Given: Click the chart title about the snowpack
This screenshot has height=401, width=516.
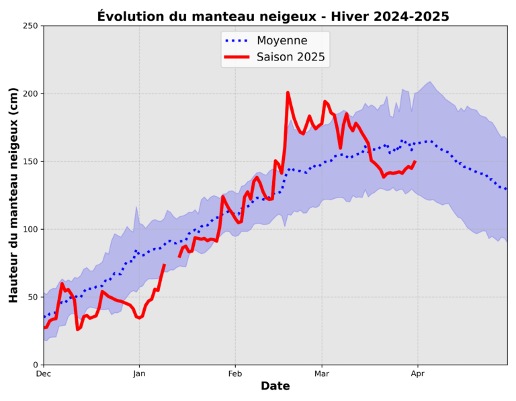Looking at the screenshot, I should (273, 16).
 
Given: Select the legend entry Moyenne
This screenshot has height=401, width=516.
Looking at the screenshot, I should (282, 40).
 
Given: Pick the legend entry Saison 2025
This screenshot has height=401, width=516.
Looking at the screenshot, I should (291, 57).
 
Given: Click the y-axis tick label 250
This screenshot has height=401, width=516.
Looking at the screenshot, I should (30, 26).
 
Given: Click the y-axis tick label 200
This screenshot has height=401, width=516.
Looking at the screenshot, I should (30, 93).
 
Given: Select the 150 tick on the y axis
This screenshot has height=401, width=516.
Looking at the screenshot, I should (30, 161).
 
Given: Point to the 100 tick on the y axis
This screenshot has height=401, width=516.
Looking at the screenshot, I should (30, 229).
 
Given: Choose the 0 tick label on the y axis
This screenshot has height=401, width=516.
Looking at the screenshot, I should (36, 365).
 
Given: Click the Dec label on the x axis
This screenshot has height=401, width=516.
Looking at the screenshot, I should (44, 373).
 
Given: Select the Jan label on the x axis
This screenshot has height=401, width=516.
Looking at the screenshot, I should (139, 373).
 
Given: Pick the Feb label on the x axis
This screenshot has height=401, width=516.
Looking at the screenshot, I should (235, 373).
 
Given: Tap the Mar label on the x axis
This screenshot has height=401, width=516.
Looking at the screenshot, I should (322, 373).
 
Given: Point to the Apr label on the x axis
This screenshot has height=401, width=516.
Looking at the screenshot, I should (418, 373).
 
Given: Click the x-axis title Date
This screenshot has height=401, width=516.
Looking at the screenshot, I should (275, 386).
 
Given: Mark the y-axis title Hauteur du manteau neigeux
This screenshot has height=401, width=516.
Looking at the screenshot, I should (14, 195).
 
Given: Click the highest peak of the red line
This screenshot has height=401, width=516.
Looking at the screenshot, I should (288, 93).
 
